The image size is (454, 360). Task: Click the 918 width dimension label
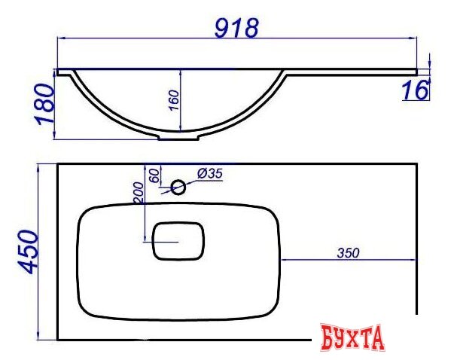[x=236, y=28]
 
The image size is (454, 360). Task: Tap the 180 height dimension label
[x=44, y=104]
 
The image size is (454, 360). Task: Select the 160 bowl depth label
[x=174, y=100]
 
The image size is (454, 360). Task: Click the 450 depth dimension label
[x=28, y=252]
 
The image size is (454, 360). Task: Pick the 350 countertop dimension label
[x=348, y=253]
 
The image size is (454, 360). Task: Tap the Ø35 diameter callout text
[x=210, y=174]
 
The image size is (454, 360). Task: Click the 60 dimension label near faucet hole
[x=154, y=175]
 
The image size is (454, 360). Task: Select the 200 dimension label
[x=138, y=193]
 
